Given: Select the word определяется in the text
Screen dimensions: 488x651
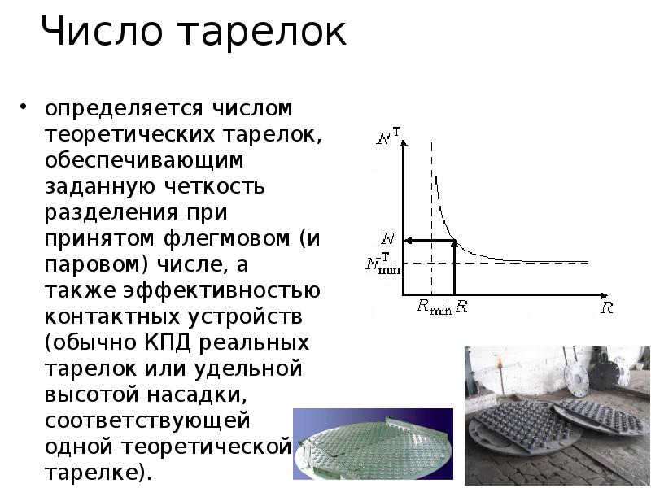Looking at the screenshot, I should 122,108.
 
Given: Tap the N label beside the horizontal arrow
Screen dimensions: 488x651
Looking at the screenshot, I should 388,240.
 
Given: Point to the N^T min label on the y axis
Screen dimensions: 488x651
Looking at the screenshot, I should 382,264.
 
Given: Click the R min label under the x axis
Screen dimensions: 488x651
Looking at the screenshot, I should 434,307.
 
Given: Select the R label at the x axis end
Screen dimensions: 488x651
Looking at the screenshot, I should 606,308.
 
